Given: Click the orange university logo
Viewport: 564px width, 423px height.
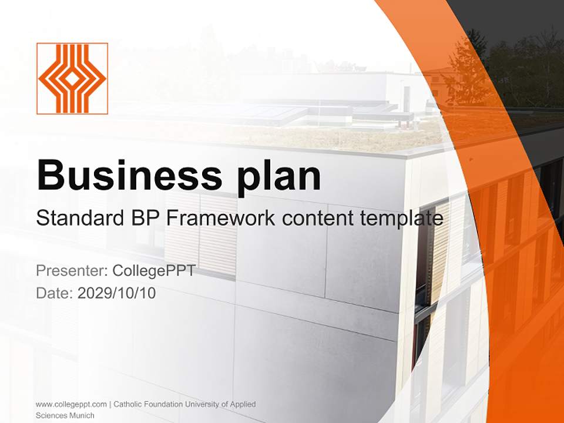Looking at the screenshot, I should (x=72, y=78).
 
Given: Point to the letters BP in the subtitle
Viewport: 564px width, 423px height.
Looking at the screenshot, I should (x=144, y=219).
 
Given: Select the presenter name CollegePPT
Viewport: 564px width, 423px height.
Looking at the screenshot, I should (x=153, y=271).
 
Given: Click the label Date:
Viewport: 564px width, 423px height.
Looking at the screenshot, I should (x=55, y=293).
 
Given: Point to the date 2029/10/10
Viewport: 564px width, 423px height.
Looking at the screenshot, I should (x=117, y=293).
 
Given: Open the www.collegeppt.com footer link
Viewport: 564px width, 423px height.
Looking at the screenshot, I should (x=71, y=404).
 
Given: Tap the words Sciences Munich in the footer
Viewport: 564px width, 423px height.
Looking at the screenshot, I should (x=65, y=415).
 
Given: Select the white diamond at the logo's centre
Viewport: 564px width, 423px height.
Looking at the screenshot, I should (x=72, y=78).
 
